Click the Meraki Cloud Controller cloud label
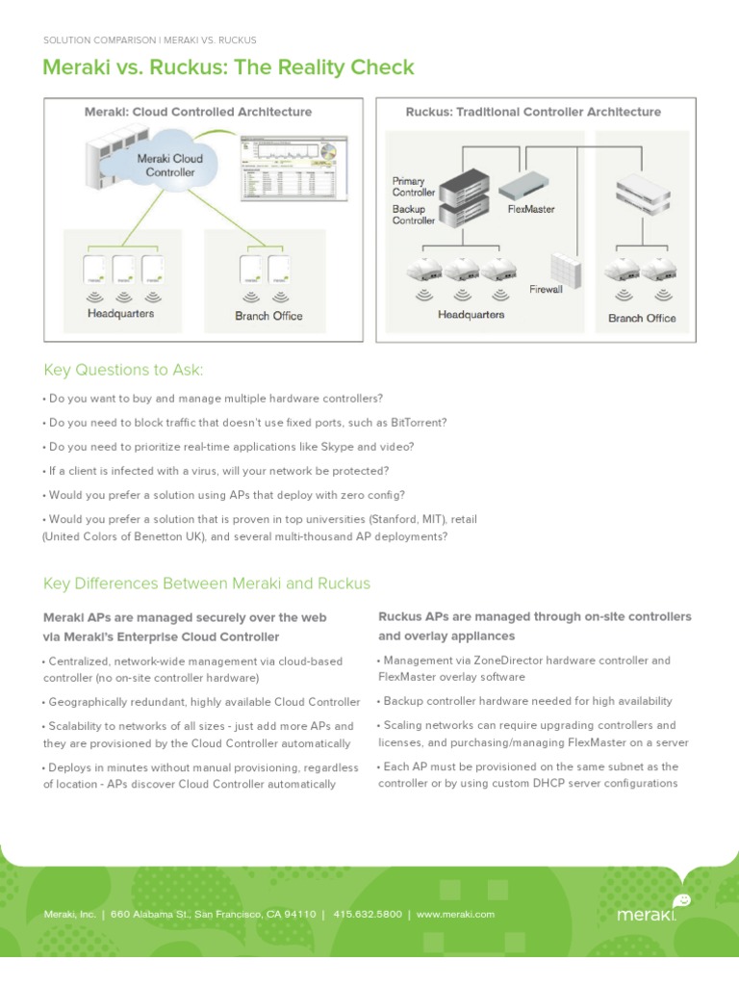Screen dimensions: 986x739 169,165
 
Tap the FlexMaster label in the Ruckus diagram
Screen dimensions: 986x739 530,209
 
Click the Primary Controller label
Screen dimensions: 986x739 414,187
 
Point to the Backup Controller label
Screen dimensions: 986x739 414,214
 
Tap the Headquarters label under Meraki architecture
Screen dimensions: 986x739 120,314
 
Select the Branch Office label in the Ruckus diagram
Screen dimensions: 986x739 642,318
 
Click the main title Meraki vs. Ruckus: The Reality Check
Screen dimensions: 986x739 229,67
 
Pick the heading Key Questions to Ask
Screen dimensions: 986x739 124,371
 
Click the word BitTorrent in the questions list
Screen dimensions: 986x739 417,423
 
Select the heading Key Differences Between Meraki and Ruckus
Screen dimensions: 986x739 207,584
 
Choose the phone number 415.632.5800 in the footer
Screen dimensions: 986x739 368,914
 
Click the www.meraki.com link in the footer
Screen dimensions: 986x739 455,914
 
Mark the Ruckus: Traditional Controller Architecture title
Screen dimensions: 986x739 533,112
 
